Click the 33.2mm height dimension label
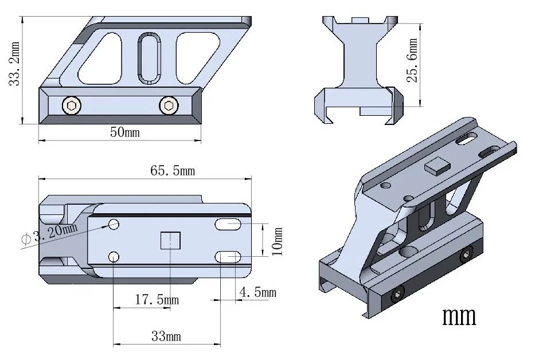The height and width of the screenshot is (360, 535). point(14,63)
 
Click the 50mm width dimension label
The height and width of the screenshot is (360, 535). point(125,132)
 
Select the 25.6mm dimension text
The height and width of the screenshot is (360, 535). point(412,60)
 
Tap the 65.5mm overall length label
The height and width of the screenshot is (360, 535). point(173,170)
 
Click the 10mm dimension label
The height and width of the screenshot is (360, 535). point(278,241)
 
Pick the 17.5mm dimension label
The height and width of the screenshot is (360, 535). point(155,300)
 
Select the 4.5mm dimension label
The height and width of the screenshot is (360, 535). point(257,292)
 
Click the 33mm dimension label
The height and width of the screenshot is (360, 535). point(166,336)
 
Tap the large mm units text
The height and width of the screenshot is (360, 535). point(459,315)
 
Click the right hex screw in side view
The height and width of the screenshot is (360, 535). point(168,105)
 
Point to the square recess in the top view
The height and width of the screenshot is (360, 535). point(170,240)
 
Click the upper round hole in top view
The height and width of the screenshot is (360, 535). point(114,224)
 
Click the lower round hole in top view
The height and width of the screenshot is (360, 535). point(114,256)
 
